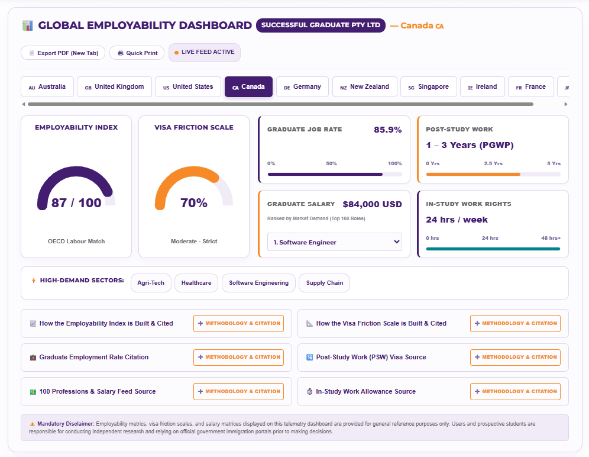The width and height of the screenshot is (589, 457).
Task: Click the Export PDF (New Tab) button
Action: coord(63,53)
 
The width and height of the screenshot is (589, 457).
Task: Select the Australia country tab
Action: coord(47,87)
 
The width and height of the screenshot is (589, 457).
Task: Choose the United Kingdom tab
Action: coord(115,87)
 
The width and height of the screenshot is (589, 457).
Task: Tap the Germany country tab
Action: coord(302,87)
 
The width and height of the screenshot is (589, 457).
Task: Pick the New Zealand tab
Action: coord(365,87)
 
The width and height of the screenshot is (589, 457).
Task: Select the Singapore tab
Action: coord(429,87)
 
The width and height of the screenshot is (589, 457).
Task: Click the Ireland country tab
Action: coord(483,87)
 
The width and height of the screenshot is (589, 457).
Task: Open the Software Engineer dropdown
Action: coord(335,242)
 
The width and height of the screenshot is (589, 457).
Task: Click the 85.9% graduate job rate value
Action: coord(388,130)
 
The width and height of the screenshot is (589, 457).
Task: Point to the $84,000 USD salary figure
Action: coord(372,204)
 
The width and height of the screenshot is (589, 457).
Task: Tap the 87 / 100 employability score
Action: coord(76,202)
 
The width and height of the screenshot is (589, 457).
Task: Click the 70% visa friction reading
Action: coord(194,202)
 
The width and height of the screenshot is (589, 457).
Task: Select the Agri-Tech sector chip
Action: coord(151,283)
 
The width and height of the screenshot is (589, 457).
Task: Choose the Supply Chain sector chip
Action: coord(325,283)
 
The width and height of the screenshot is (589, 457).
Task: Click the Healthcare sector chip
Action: coord(196,283)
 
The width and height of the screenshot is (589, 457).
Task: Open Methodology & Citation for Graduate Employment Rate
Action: coord(238,358)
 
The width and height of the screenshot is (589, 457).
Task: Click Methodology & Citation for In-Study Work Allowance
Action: coord(516,391)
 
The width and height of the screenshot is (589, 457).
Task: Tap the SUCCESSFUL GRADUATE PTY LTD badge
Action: coord(321,25)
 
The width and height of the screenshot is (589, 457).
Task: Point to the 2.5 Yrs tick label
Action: coord(493,163)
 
